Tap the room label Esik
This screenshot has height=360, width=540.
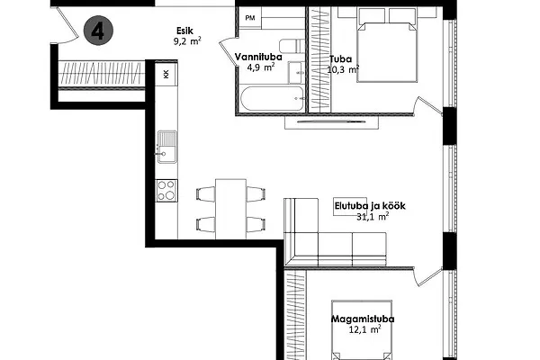[184, 31]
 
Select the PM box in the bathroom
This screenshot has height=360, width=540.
[250, 18]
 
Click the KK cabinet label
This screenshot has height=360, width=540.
[166, 74]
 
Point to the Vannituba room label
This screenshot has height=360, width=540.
[258, 57]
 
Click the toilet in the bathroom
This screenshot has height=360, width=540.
[292, 46]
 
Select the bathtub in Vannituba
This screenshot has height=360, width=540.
[272, 99]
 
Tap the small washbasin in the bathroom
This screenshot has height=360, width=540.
[296, 72]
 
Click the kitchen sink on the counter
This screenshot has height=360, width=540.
[167, 147]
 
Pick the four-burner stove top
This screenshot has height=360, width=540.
[166, 191]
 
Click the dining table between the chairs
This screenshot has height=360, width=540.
[230, 209]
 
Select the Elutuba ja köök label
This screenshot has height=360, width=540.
[370, 206]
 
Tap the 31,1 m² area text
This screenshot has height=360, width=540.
[373, 217]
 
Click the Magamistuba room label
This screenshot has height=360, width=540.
[363, 319]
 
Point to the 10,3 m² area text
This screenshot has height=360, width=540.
[343, 69]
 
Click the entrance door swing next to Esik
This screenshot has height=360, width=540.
[67, 28]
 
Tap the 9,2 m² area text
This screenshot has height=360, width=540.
[187, 41]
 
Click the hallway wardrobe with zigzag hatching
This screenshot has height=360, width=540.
[101, 73]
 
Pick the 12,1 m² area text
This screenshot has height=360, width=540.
[364, 329]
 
